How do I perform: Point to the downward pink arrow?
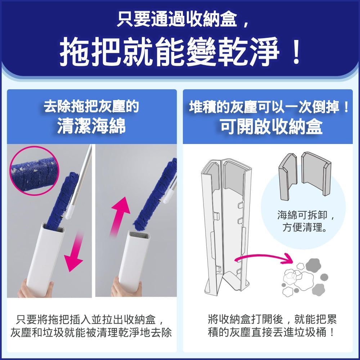(x=75, y=253)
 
